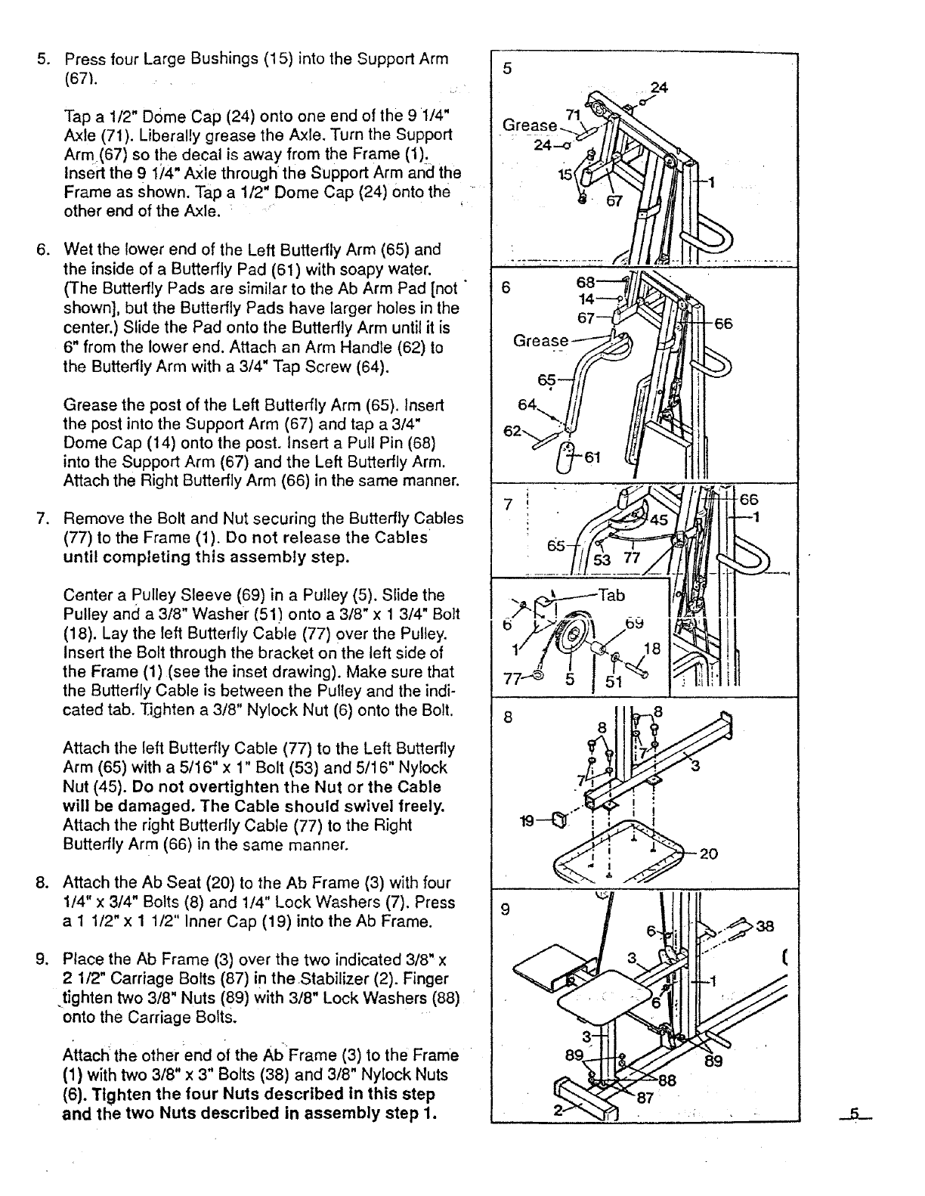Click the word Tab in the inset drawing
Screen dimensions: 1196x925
pos(611,595)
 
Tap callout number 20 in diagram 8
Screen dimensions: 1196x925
pos(708,854)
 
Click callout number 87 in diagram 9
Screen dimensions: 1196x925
pos(644,1099)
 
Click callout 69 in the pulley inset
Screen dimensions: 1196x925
pos(634,624)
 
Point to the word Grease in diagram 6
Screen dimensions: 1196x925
pos(540,341)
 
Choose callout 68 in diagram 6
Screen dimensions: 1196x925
pos(586,282)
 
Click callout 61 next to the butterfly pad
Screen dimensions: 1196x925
pos(592,457)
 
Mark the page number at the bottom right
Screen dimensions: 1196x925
pos(855,1114)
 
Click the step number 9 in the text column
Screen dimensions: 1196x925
pos(43,960)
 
